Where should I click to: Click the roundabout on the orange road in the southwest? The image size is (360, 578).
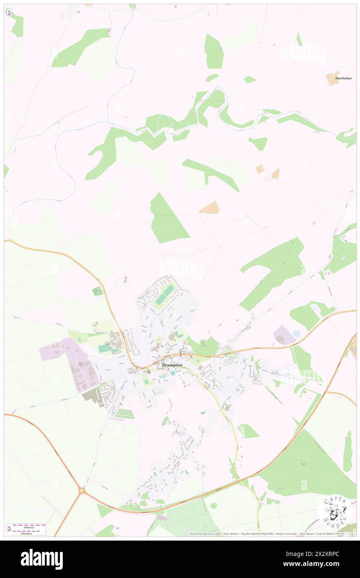(x=81, y=491)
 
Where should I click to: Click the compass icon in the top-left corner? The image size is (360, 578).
(x=10, y=13)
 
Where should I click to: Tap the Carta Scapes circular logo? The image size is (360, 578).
(x=335, y=511)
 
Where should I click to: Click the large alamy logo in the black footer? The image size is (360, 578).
(x=42, y=559)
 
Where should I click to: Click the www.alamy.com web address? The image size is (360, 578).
(x=319, y=564)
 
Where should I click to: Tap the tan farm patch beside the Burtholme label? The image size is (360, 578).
(x=333, y=78)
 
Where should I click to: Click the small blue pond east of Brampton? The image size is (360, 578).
(x=296, y=334)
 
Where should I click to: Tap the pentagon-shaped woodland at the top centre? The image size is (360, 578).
(x=214, y=52)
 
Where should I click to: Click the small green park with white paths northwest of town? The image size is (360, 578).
(x=97, y=291)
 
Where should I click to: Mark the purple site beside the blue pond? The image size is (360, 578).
(x=284, y=335)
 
